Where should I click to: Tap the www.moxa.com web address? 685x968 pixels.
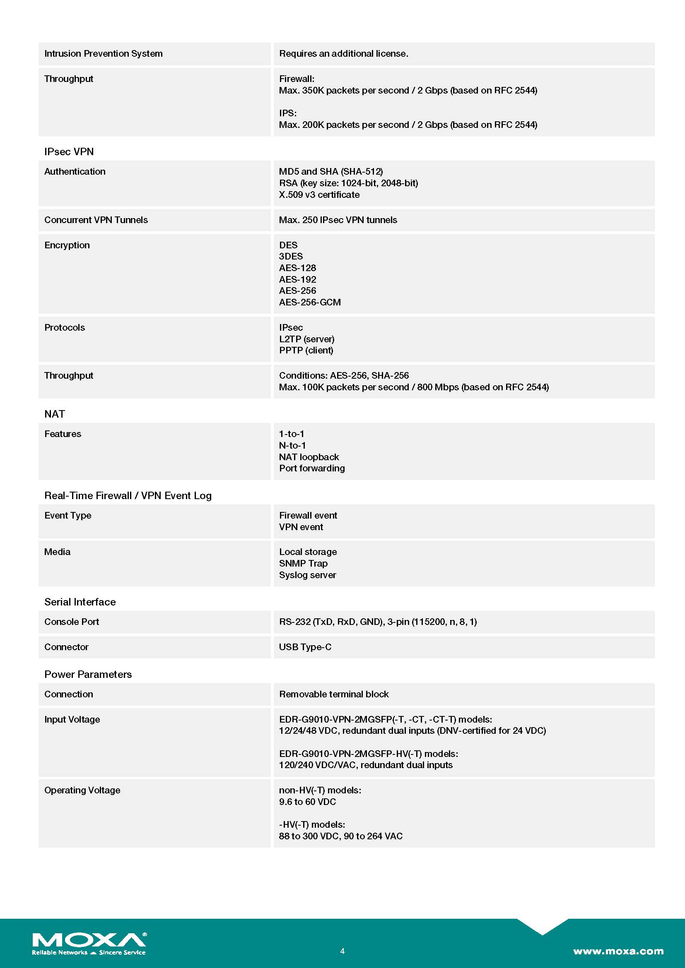pos(618,951)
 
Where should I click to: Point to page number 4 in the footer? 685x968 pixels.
pos(342,951)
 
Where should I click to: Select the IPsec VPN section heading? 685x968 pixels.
pos(69,152)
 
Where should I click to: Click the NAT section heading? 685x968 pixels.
pos(55,414)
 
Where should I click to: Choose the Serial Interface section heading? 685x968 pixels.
pos(80,602)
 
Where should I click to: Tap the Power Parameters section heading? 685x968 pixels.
pos(88,674)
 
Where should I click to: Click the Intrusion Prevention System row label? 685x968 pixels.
pos(104,53)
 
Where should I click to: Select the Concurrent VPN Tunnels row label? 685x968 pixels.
pos(96,220)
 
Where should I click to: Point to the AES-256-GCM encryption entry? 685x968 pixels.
pos(310,302)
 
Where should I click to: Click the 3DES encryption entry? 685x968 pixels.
pos(291,256)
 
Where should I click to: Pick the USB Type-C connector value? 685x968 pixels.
pos(305,647)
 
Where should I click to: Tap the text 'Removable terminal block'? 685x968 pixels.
pos(334,694)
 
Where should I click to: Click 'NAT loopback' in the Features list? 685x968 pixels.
pos(309,457)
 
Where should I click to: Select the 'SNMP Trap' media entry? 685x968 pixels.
pos(303,563)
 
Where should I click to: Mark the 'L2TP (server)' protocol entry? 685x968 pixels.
pos(306,339)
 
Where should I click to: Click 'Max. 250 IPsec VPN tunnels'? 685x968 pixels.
pos(338,220)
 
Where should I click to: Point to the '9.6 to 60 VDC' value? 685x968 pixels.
pos(307,802)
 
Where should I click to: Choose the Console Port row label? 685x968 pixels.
pos(72,622)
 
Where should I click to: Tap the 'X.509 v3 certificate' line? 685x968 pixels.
pos(319,195)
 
